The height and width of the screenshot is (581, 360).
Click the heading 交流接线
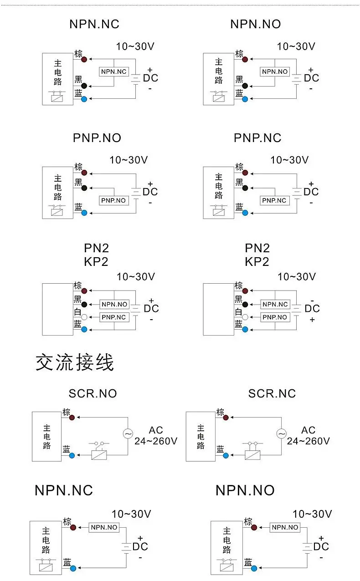tap(75, 362)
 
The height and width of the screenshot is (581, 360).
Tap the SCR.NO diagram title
tap(93, 393)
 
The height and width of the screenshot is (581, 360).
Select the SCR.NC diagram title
tap(272, 393)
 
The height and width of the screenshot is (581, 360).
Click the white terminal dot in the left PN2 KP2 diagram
tap(84, 317)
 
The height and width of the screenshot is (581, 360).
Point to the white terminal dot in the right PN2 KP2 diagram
tap(245, 317)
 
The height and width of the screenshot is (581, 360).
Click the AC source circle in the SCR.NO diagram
tap(128, 433)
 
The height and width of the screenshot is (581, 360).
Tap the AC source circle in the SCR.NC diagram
tap(281, 433)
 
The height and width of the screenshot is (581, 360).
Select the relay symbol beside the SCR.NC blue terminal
tap(252, 451)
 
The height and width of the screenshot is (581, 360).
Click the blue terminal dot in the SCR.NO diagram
tap(72, 455)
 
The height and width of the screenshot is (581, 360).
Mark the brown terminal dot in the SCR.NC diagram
tap(226, 418)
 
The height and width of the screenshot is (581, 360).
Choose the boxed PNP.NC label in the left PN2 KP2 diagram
tap(114, 317)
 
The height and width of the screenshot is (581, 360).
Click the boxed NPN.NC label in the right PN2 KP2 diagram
tap(275, 304)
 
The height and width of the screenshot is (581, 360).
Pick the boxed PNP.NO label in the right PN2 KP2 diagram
tap(275, 317)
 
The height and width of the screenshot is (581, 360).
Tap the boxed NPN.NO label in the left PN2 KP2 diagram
tap(114, 304)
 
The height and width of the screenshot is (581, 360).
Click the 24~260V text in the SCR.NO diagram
tap(156, 441)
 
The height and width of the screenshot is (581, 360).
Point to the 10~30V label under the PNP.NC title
tap(289, 160)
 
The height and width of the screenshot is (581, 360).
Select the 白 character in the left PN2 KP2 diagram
tap(77, 312)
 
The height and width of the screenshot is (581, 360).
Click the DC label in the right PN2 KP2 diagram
tap(312, 309)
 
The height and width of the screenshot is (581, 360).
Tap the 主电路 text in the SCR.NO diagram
tap(47, 437)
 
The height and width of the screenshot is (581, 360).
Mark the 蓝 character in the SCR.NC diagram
tap(220, 449)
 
